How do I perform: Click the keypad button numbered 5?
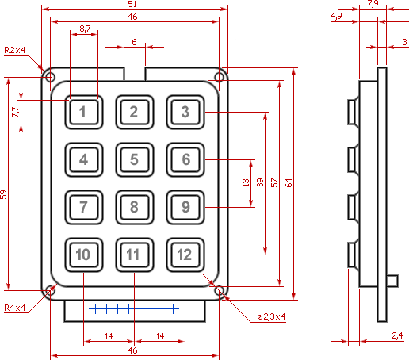135,159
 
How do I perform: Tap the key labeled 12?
185,255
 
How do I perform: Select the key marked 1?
84,112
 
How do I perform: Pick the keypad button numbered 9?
185,207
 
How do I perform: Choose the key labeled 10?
84,255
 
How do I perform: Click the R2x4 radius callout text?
15,50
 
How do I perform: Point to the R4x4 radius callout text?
15,308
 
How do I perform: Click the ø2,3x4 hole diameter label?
272,316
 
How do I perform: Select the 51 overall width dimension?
132,4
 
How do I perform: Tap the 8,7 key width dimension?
85,29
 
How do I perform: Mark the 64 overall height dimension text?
289,182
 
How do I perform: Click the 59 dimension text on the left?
3,194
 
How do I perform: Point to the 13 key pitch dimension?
246,182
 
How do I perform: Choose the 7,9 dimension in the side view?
373,4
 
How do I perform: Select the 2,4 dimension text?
397,335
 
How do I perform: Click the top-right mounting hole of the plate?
219,78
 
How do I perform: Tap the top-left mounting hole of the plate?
50,78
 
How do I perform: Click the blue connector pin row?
134,308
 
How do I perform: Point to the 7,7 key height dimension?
16,112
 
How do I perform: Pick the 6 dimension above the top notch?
134,42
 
